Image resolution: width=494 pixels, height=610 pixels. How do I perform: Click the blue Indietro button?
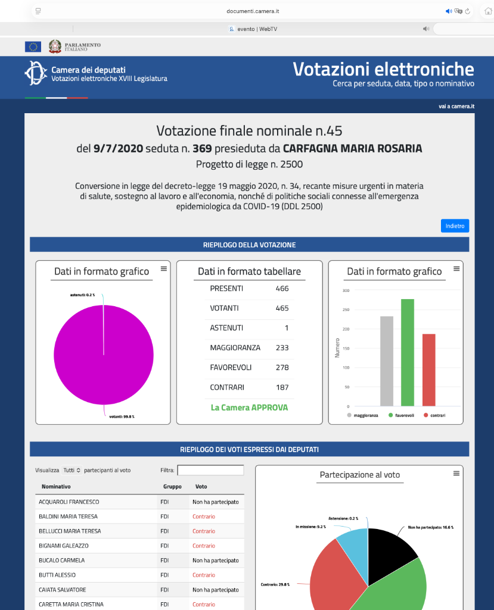455,226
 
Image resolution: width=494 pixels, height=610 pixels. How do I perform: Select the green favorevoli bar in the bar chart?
408,351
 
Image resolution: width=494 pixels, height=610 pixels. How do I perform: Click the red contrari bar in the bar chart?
429,369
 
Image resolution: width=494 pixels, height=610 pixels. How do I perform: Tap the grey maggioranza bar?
387,360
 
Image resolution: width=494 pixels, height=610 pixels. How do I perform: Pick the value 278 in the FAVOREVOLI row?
282,368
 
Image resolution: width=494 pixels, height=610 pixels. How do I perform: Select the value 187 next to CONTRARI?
282,387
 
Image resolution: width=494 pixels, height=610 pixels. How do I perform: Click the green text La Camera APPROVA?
249,407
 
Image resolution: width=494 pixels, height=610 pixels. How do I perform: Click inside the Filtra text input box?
210,470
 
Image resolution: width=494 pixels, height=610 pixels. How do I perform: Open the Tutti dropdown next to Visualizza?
72,470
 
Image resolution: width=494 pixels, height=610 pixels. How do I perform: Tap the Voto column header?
201,487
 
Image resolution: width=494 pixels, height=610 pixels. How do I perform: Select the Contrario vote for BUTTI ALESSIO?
204,575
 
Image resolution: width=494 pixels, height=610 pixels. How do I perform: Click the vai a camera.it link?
456,107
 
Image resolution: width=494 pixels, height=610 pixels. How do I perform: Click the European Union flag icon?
33,46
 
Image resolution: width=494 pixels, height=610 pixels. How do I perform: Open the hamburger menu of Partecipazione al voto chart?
456,473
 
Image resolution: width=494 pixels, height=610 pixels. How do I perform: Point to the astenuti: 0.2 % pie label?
82,295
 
